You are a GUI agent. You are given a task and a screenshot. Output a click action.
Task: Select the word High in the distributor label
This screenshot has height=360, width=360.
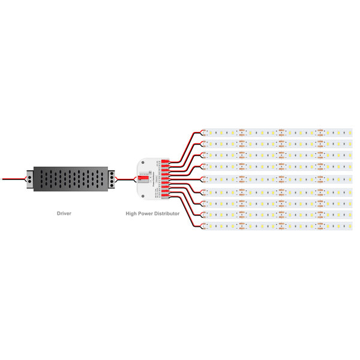tap(132, 213)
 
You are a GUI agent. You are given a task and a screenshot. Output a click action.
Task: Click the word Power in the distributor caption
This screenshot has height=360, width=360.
tap(146, 213)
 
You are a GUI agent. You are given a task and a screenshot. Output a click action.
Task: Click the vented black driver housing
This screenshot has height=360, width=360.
tap(71, 178)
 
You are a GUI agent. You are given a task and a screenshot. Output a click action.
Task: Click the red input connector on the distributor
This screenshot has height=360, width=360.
tap(142, 178)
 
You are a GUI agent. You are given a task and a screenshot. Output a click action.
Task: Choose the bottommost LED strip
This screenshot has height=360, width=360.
tap(276, 226)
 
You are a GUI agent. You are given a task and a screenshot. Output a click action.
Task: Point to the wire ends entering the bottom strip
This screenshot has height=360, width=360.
tap(203, 226)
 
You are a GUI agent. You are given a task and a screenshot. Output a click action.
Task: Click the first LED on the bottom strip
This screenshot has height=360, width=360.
tap(221, 226)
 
